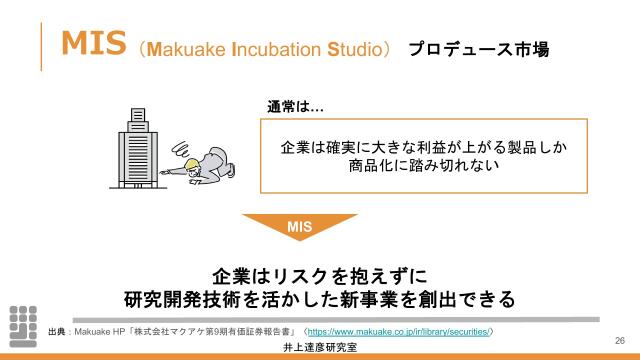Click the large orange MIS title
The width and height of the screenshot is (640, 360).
click(x=93, y=43)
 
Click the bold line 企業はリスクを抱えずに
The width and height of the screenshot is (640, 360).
click(x=319, y=275)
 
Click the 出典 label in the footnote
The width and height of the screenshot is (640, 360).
click(x=58, y=330)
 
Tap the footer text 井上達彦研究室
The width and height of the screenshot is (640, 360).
click(x=319, y=348)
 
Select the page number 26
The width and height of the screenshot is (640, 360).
click(x=619, y=340)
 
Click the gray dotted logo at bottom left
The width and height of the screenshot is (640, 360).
click(x=23, y=320)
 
